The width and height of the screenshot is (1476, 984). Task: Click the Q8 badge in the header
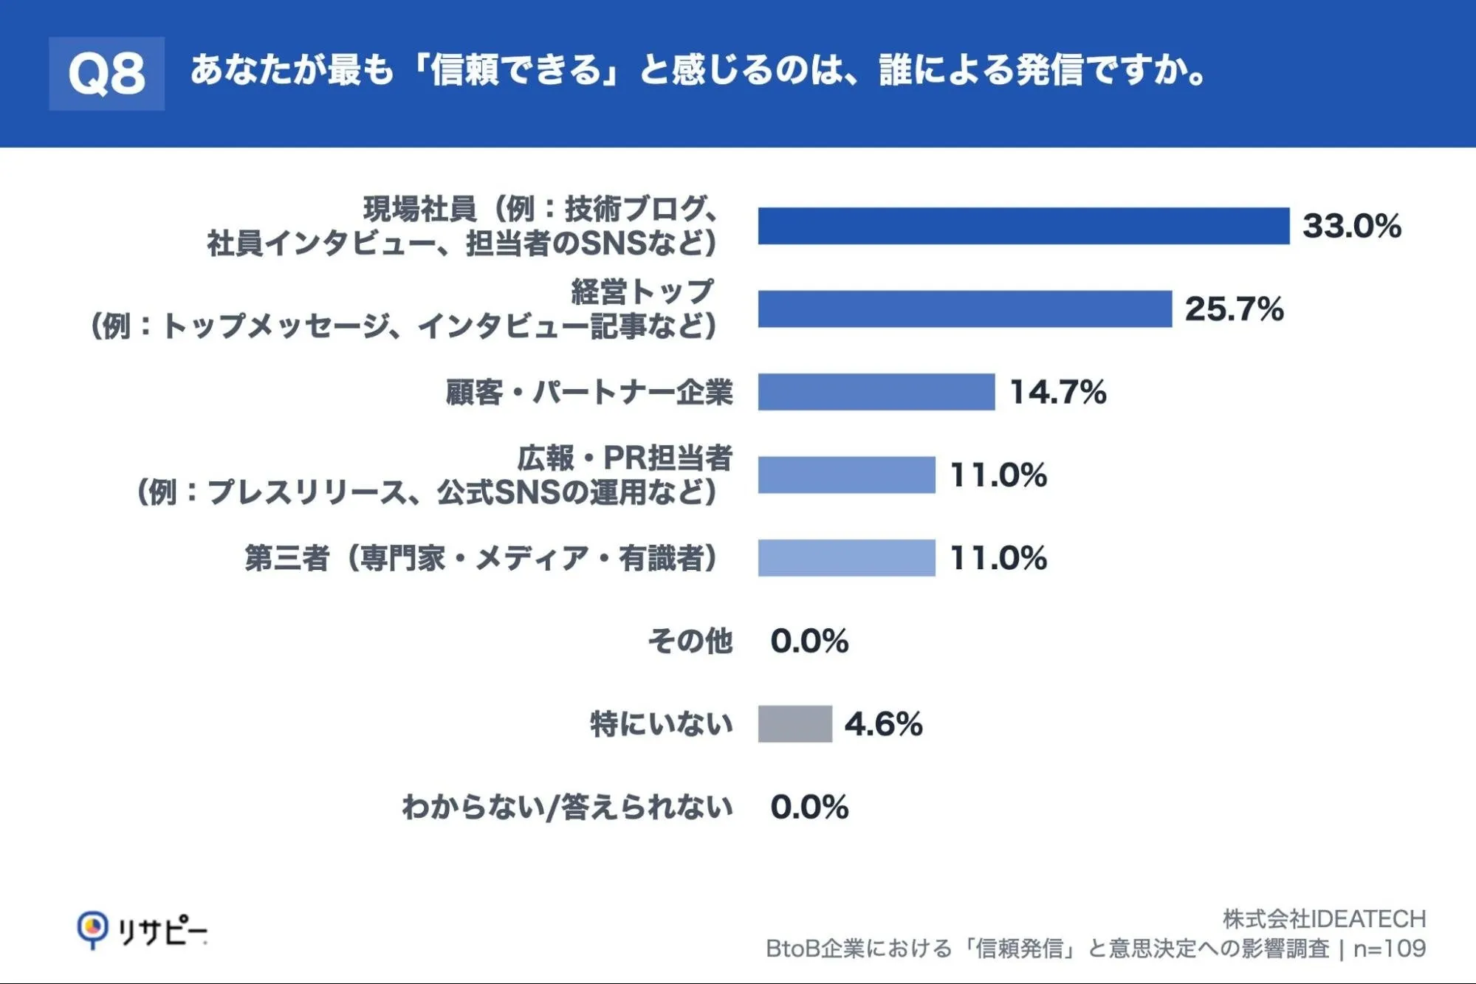[106, 74]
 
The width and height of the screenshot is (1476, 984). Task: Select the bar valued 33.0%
[1023, 226]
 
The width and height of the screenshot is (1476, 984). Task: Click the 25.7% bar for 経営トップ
[965, 309]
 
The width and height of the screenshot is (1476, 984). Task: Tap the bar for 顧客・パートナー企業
[876, 392]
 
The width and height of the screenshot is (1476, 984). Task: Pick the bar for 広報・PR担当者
[847, 475]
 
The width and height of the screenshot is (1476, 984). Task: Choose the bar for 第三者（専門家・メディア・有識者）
[847, 558]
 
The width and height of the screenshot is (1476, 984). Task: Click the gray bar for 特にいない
[795, 723]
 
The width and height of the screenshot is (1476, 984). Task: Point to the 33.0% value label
[1352, 226]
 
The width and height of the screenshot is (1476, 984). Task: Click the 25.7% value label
[1235, 309]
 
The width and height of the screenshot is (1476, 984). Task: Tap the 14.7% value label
[1058, 392]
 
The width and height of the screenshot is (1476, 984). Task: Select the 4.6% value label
[884, 724]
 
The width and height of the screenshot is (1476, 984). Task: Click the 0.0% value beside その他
[810, 641]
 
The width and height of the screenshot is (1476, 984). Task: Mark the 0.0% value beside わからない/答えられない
[810, 807]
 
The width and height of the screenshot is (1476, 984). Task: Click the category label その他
[690, 641]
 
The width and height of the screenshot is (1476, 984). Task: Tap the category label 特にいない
[662, 723]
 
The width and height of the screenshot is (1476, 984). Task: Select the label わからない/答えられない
[568, 807]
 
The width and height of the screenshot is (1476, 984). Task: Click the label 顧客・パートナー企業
[589, 392]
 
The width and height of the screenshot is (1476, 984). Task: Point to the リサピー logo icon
[92, 929]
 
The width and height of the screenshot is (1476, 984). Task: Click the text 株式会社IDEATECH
[1325, 919]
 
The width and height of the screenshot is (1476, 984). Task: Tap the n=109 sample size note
[1390, 949]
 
